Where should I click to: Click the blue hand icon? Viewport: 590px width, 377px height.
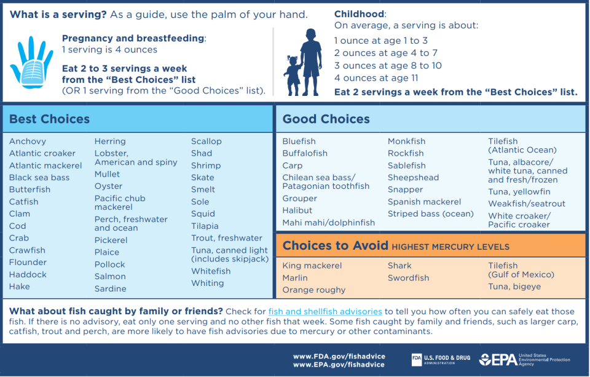point(31,62)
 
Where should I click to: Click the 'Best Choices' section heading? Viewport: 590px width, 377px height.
point(49,119)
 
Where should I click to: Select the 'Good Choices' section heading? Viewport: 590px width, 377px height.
point(326,119)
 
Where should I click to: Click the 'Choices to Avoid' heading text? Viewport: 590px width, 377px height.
point(335,246)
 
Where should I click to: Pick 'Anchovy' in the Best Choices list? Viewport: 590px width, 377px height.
point(28,141)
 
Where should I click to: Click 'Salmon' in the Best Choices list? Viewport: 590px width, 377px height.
point(110,277)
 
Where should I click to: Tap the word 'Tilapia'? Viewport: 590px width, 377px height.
point(205,226)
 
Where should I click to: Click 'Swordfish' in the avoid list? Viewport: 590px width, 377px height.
point(408,278)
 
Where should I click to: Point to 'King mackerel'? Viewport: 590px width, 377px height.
point(312,266)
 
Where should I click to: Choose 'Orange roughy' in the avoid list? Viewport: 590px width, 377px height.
point(313,290)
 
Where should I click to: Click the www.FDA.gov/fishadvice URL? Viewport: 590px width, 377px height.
point(339,356)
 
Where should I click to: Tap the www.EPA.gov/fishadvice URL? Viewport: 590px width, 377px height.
point(339,365)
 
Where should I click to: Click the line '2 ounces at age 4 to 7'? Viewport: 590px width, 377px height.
point(385,54)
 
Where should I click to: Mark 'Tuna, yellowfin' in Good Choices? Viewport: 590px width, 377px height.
point(519,192)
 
